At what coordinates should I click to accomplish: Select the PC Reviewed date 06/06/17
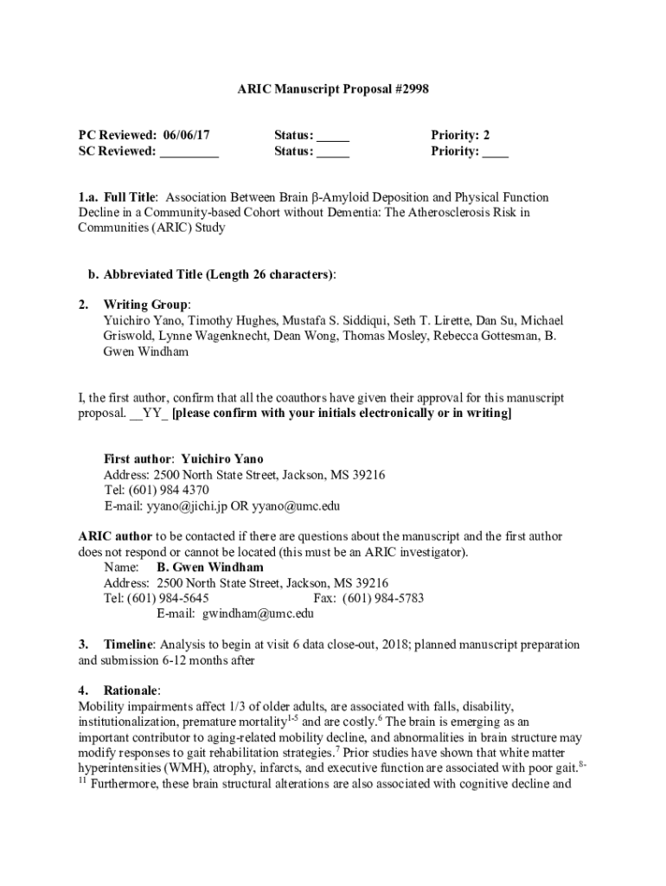pyautogui.click(x=185, y=135)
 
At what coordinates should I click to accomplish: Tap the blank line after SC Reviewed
pyautogui.click(x=189, y=152)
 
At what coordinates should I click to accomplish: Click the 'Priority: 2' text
pyautogui.click(x=460, y=135)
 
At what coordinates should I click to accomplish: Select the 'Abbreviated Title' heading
pyautogui.click(x=152, y=275)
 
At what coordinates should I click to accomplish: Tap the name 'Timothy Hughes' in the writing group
pyautogui.click(x=210, y=321)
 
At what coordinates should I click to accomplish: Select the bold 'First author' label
pyautogui.click(x=138, y=459)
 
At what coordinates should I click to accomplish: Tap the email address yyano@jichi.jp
pyautogui.click(x=186, y=506)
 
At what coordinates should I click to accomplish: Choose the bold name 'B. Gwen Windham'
pyautogui.click(x=210, y=568)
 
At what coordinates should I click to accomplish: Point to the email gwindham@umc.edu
pyautogui.click(x=258, y=614)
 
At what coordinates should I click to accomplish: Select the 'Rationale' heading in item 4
pyautogui.click(x=131, y=690)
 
